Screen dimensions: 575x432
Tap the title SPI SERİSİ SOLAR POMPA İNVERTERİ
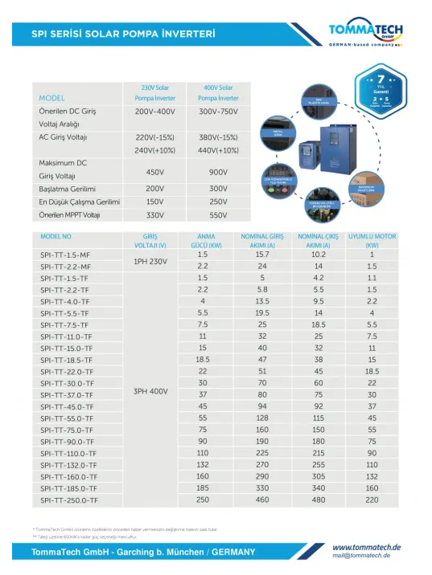[x=123, y=35]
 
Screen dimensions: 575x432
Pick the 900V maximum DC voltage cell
[x=216, y=173]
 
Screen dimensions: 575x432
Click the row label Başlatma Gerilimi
[x=68, y=187]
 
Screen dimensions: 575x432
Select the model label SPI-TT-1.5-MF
[x=65, y=255]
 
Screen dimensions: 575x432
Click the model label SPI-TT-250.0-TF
[x=68, y=500]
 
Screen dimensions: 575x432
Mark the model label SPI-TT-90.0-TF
[x=67, y=442]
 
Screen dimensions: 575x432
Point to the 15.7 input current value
[x=262, y=255]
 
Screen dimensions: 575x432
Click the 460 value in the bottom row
[x=262, y=500]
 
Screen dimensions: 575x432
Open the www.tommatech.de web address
[x=367, y=547]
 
